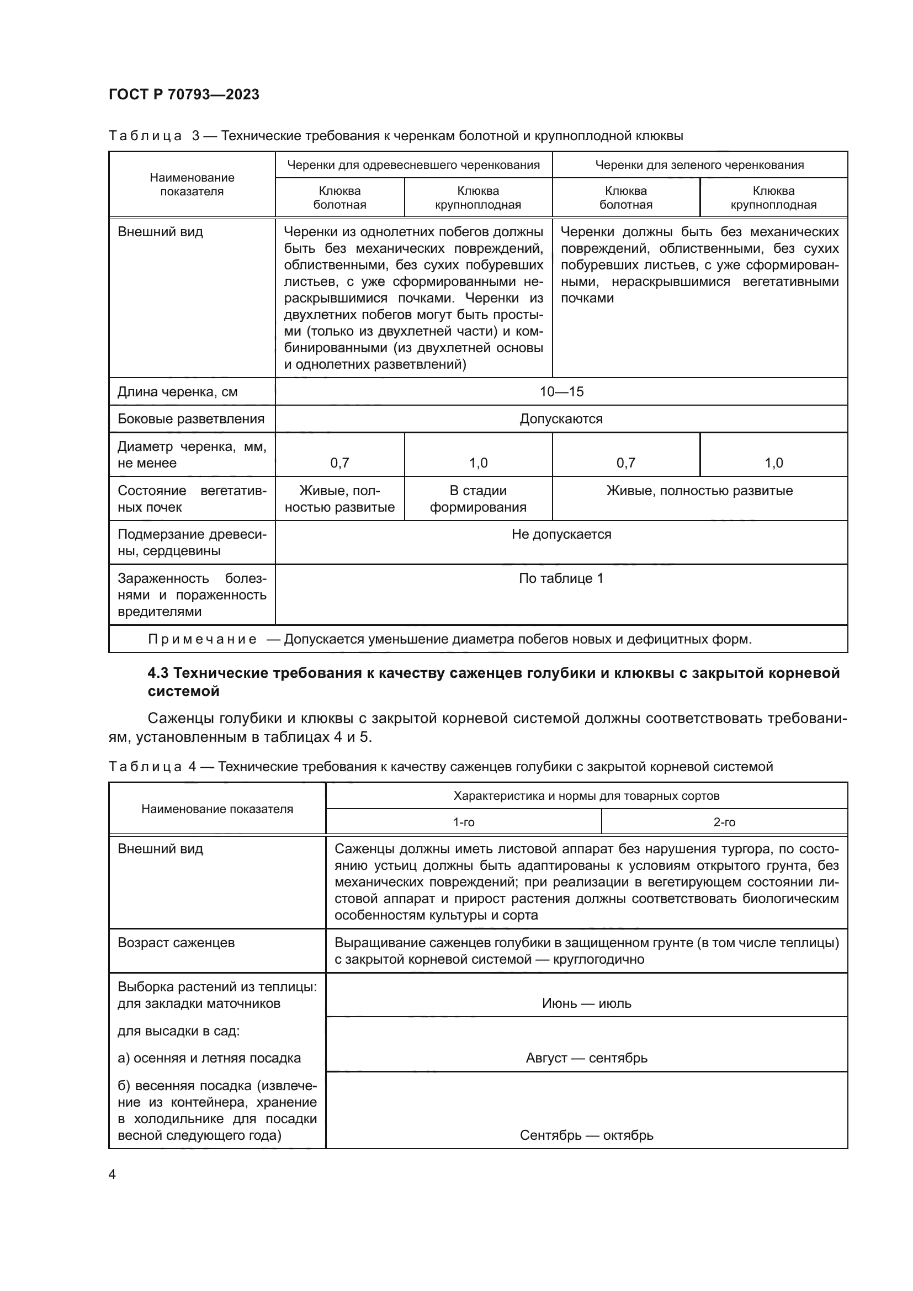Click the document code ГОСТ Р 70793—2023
(184, 94)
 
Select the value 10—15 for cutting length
(561, 392)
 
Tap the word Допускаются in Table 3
(560, 419)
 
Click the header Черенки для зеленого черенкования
(699, 164)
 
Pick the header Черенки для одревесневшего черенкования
(413, 164)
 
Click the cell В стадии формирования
(478, 499)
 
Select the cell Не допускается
(561, 534)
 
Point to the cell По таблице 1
(560, 578)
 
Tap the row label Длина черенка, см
(177, 392)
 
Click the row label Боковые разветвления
(190, 419)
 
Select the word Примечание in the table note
(203, 639)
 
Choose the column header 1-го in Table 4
(463, 822)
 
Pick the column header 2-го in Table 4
(724, 822)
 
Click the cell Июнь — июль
(586, 1003)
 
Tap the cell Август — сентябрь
(586, 1058)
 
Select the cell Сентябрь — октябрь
(586, 1135)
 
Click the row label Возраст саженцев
(176, 942)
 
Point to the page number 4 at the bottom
(112, 1174)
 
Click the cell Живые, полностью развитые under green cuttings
(699, 490)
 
